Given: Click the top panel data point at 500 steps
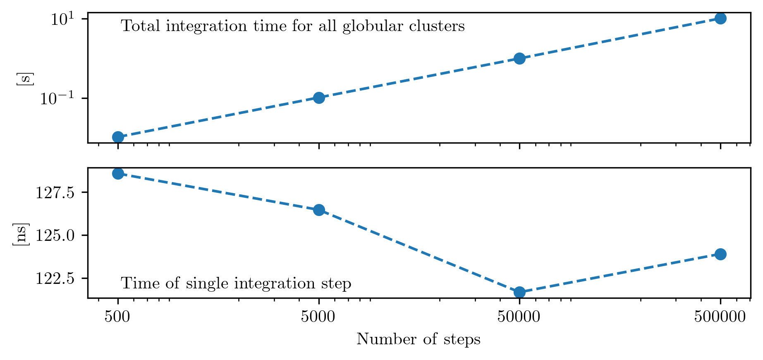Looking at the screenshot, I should point(118,137).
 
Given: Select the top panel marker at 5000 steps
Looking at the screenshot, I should point(319,98).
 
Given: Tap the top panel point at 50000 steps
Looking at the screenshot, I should point(519,58).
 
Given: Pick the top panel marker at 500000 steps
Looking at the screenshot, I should point(720,18).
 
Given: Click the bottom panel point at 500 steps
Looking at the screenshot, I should point(118,173).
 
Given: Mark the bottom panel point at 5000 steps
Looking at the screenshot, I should point(319,210).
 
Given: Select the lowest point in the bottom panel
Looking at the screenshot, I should point(519,292).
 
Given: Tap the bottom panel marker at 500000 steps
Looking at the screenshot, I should point(720,254).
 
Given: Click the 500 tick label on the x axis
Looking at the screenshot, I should point(117,317).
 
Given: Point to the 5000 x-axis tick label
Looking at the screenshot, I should point(318,317).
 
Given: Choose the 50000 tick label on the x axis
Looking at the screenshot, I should point(519,317).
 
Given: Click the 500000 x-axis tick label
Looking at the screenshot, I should point(720,317).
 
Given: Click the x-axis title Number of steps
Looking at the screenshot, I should point(419,339).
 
